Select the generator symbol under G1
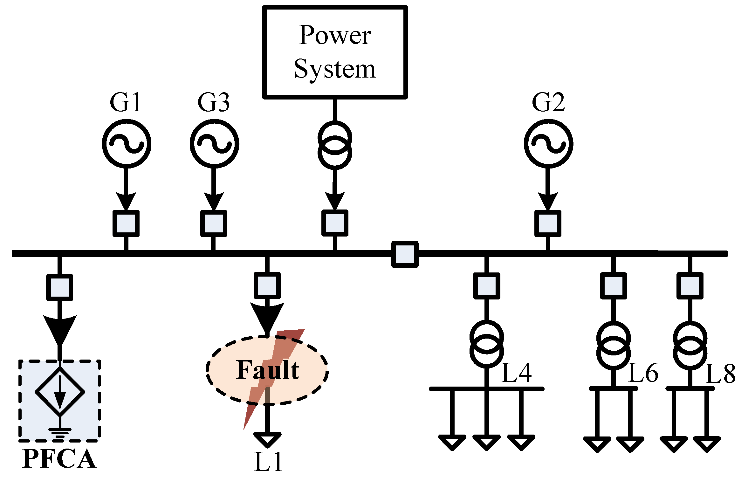click(x=126, y=144)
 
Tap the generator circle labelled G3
click(x=214, y=144)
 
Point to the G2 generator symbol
click(x=548, y=144)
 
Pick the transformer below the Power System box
click(x=335, y=146)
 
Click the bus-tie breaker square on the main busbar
click(x=404, y=254)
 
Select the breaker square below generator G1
click(x=126, y=223)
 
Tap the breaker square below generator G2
click(x=548, y=223)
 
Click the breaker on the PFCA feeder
click(x=59, y=287)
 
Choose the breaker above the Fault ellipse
click(x=267, y=285)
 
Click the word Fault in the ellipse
click(x=268, y=370)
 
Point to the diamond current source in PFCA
click(x=60, y=392)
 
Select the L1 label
click(x=268, y=462)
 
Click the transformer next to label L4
click(x=486, y=344)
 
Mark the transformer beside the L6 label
click(x=614, y=346)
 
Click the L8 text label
click(x=720, y=374)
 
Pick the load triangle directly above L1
click(x=267, y=440)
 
